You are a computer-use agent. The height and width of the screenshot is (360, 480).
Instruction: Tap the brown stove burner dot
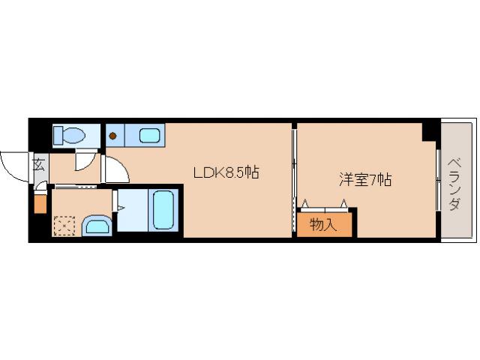point(113,136)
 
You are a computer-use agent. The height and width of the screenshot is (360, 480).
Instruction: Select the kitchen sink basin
point(150,136)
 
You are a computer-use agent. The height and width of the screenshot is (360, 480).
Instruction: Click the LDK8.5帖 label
point(226,173)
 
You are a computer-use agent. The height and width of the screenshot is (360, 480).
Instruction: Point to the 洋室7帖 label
point(365,180)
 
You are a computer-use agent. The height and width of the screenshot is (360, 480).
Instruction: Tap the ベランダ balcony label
point(454,184)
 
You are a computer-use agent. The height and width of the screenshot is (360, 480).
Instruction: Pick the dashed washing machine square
point(64,225)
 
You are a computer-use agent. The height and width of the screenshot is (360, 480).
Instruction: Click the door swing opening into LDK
point(116,171)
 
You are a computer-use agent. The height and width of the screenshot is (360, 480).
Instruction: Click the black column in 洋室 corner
point(430,130)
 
